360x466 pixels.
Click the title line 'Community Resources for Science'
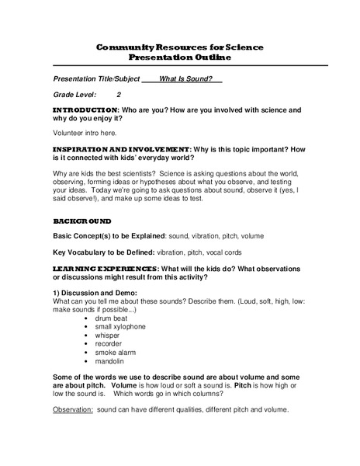180,47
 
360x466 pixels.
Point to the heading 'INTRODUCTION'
85,110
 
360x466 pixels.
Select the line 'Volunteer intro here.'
83,133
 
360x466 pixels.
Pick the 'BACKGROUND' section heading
82,221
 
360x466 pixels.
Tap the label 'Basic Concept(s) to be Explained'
106,235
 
